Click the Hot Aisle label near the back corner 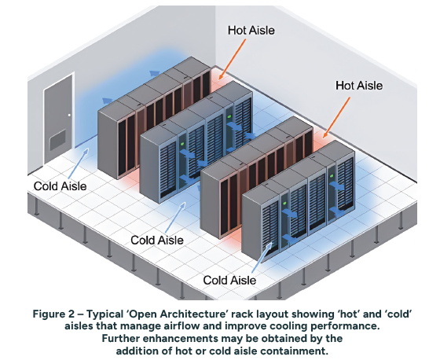[251, 31]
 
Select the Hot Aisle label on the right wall [359, 86]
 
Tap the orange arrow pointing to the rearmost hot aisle [232, 59]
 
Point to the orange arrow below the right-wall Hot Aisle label [336, 118]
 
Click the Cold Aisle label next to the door [60, 186]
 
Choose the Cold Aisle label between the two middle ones [157, 240]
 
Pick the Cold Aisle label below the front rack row [229, 281]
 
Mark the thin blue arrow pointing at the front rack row [262, 258]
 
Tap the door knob [69, 115]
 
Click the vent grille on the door [58, 140]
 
